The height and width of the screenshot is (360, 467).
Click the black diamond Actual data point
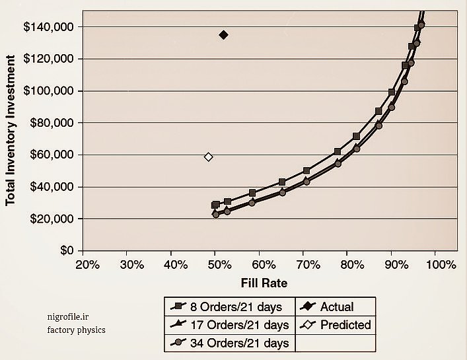coord(223,35)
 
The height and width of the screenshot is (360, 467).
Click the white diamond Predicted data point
coord(209,157)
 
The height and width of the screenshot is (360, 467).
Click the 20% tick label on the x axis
coord(88,265)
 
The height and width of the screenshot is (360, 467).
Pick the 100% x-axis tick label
coord(441,265)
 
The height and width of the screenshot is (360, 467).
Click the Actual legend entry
coord(336,306)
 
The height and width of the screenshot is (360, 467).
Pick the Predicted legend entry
coord(345,325)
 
